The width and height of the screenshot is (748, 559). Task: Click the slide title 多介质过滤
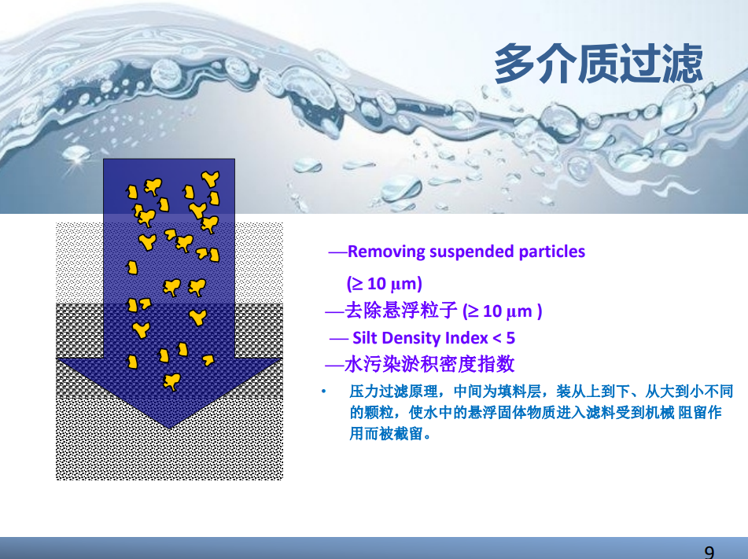tap(599, 64)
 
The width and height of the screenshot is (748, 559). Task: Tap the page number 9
tap(709, 552)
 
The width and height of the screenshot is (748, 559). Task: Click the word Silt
tap(364, 338)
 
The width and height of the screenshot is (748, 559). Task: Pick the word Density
tap(411, 338)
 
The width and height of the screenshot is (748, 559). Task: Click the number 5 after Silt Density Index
tap(510, 338)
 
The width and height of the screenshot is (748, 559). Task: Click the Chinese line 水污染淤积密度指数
tap(429, 364)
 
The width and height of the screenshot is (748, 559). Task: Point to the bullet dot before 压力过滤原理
tap(323, 392)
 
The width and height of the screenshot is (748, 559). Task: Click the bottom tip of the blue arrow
tap(169, 428)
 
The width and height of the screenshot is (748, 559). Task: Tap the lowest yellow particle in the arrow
tap(171, 382)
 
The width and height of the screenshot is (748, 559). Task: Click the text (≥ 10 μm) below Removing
tap(385, 283)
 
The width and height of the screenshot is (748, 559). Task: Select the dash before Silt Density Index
tap(339, 339)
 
